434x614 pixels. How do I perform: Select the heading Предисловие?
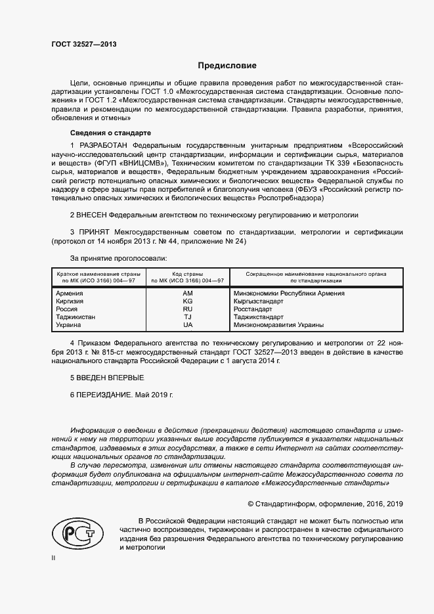point(227,66)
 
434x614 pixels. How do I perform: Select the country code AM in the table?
point(187,293)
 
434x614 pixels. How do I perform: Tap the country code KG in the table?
point(187,301)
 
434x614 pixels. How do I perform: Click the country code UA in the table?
point(187,324)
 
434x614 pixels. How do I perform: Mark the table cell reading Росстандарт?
point(252,309)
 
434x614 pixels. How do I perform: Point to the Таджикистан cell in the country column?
point(76,317)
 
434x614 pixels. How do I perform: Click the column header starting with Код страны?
point(187,276)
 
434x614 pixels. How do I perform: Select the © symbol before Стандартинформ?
point(250,504)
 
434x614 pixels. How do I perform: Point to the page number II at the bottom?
point(54,558)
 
